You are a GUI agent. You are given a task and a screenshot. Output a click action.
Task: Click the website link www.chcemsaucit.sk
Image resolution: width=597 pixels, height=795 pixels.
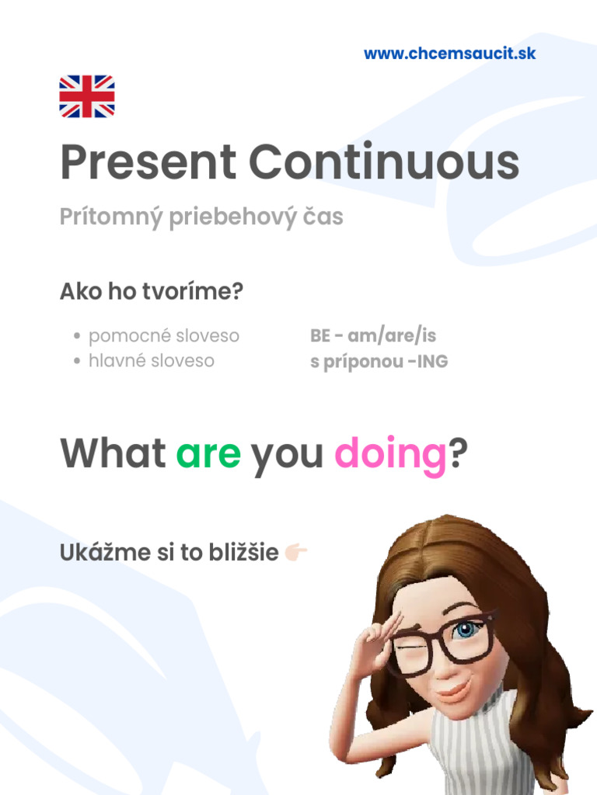tap(449, 54)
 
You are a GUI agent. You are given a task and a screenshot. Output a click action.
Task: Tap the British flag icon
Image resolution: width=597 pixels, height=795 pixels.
tap(87, 96)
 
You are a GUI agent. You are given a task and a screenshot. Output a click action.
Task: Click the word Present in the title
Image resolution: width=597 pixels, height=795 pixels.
tap(148, 164)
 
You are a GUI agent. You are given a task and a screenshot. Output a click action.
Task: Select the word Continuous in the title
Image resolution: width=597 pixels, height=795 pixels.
tap(384, 164)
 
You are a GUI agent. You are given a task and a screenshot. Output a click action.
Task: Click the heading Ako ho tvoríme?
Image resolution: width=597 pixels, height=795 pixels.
tap(152, 293)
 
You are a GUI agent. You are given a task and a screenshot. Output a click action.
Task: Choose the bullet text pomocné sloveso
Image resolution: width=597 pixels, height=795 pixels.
tap(163, 336)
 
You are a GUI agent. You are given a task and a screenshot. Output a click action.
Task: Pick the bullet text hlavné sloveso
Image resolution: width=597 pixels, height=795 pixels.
tap(151, 361)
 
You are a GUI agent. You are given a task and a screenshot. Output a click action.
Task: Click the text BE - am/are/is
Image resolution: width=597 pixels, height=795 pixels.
tap(373, 336)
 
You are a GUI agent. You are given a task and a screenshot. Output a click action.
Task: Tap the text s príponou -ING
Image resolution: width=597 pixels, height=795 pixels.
tap(379, 362)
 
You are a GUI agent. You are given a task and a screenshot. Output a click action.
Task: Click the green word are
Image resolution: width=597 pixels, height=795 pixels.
tap(208, 453)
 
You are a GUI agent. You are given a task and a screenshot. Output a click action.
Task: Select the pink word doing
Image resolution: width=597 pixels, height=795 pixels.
tap(390, 455)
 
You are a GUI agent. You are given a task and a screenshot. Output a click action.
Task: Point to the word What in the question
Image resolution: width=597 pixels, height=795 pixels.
tap(113, 453)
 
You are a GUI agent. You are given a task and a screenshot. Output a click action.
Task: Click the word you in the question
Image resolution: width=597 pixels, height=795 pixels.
tap(287, 455)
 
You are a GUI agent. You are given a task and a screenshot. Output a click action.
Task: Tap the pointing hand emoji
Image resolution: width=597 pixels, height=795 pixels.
tap(296, 553)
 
